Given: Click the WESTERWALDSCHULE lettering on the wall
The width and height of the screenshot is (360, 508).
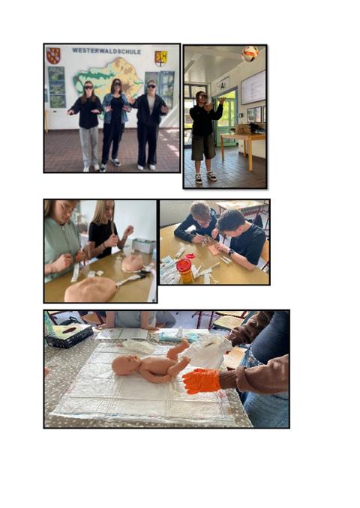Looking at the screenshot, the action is click(x=106, y=51).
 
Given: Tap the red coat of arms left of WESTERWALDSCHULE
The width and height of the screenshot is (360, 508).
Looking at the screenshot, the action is click(x=53, y=55).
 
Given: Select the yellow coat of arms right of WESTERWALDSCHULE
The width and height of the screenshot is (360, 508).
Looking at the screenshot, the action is click(x=161, y=58).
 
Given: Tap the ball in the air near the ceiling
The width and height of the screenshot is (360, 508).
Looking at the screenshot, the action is click(x=250, y=53).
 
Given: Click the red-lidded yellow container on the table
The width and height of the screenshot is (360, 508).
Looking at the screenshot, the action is click(x=184, y=270).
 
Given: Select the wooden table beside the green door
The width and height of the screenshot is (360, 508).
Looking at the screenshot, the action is click(x=243, y=149).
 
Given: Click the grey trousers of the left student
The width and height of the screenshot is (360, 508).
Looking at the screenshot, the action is click(x=89, y=147).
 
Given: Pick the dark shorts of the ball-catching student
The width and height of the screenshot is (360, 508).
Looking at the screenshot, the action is click(x=203, y=148).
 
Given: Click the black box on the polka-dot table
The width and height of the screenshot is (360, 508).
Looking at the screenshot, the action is click(x=70, y=336).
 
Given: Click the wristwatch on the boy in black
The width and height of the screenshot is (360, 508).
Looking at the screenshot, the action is click(x=230, y=252).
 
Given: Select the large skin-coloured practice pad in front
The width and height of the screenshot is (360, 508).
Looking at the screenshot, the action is click(x=91, y=289).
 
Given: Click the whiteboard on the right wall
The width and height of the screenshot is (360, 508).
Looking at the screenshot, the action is click(x=253, y=87).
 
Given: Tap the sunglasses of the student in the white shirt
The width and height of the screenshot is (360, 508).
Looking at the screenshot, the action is click(x=151, y=86).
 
